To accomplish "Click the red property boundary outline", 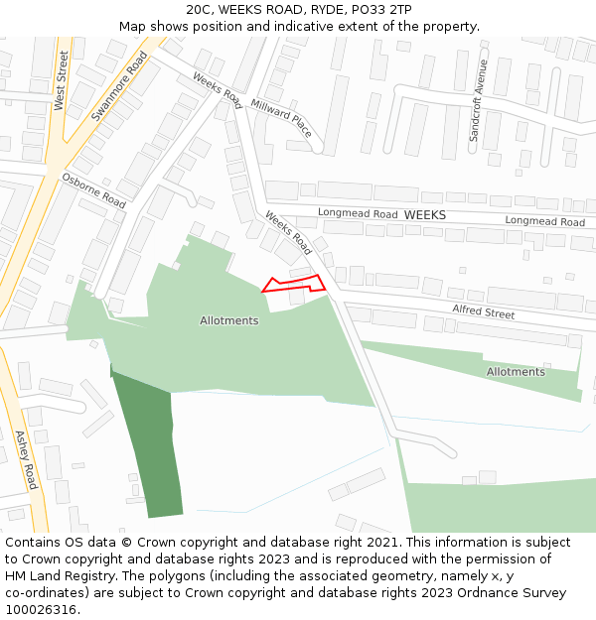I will pos(294,284).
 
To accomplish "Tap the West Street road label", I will pos(61,80).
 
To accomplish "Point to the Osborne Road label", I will pos(93,189).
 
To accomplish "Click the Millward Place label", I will pos(281,118).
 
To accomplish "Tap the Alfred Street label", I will pos(484,313).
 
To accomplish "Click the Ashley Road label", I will pos(26,459).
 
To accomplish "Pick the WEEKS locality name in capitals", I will pos(425,214).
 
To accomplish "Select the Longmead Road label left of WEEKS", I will pos(358,213).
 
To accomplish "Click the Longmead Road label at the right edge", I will pos(544,221).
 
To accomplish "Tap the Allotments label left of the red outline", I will pos(228,320).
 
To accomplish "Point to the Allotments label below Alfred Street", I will pos(516,372).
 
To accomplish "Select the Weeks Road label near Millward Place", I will pos(218,91).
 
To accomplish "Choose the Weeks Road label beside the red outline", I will pos(288,233).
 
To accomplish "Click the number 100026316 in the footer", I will pos(39,609).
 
